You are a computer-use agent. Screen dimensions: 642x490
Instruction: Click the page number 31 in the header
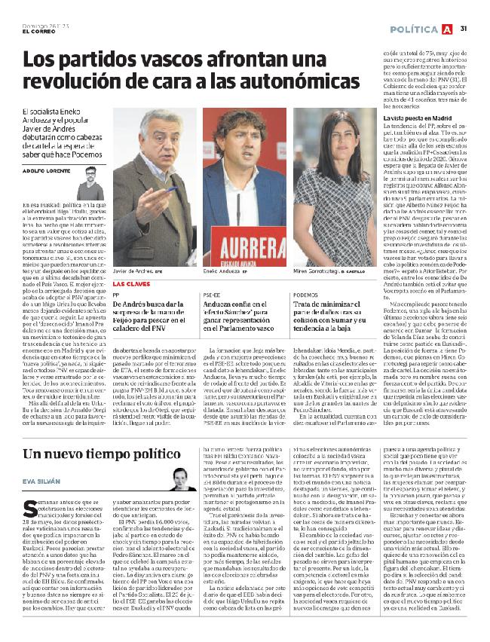(464, 29)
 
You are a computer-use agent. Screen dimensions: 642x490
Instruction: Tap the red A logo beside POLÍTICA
(449, 29)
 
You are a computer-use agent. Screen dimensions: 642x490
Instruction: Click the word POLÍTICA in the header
(415, 29)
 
